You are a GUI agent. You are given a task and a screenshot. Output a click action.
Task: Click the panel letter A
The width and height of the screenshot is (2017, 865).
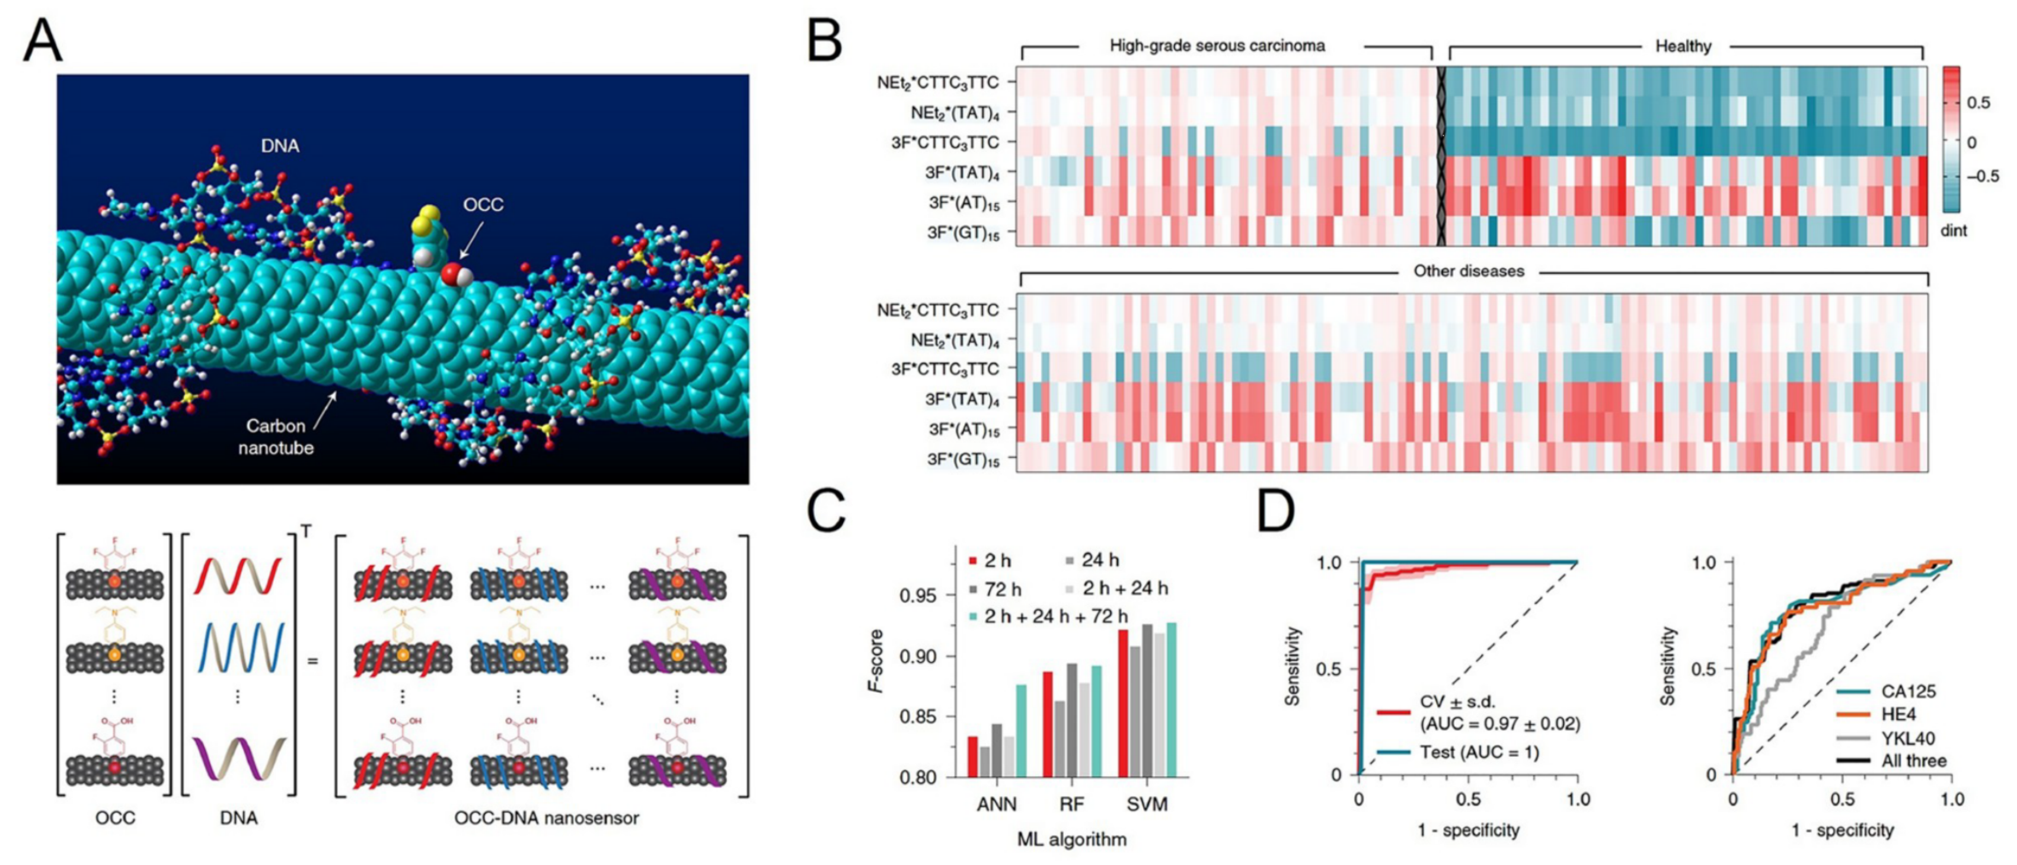[x=42, y=41]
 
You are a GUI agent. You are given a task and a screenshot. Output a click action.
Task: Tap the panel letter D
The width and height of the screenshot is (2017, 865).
[x=1276, y=512]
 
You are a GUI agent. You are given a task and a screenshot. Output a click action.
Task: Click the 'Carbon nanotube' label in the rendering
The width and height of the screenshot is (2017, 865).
[x=276, y=437]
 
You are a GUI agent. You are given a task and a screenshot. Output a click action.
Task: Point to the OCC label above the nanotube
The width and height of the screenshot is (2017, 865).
[x=483, y=205]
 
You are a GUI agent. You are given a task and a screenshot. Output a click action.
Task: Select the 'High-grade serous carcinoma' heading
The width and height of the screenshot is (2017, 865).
[x=1217, y=46]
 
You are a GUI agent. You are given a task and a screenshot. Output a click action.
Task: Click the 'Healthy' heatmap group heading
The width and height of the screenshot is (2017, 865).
[x=1683, y=47]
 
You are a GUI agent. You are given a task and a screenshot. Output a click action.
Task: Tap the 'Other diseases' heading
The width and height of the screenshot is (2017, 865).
[x=1468, y=271]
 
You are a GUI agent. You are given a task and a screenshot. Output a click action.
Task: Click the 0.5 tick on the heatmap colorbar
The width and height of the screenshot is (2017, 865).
[x=1979, y=102]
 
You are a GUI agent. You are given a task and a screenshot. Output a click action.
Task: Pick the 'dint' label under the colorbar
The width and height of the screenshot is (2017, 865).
[x=1954, y=230]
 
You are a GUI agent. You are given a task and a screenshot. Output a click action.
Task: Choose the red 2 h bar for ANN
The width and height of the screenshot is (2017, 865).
[x=973, y=757]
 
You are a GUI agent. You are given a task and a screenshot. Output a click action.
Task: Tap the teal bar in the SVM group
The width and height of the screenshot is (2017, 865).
[x=1171, y=700]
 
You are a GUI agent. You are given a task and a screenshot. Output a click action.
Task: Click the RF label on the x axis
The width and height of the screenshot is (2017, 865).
[x=1072, y=804]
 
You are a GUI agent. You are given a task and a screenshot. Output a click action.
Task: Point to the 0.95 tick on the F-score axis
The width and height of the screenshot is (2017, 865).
[x=918, y=595]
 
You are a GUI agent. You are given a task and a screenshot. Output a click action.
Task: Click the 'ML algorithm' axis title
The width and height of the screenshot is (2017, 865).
[x=1072, y=839]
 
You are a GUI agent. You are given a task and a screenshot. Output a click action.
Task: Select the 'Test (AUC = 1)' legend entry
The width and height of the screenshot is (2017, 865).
[x=1479, y=752]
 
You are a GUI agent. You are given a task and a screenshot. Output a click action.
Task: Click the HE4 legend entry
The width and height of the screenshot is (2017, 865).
[x=1898, y=715]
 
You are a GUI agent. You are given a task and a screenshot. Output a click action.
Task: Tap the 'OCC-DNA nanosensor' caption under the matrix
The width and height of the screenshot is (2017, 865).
[x=546, y=818]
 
